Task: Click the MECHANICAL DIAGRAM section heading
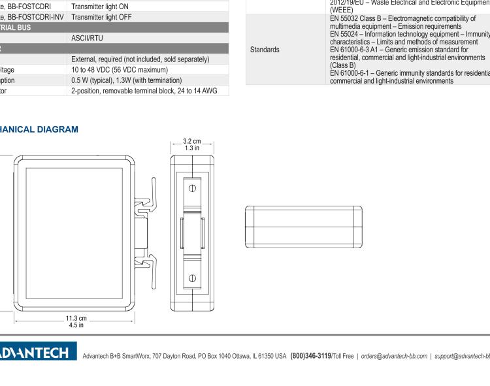pos(39,129)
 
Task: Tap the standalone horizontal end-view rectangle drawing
pos(303,226)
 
